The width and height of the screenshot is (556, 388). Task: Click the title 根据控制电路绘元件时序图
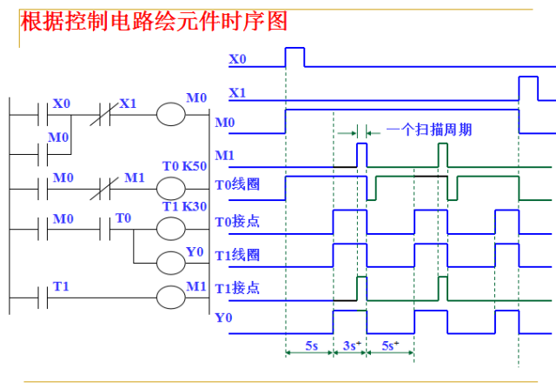pyautogui.click(x=154, y=21)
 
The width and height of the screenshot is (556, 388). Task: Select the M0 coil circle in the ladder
pyautogui.click(x=170, y=114)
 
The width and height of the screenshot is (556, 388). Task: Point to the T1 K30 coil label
pyautogui.click(x=183, y=206)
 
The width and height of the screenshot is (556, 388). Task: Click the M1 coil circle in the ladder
pyautogui.click(x=170, y=298)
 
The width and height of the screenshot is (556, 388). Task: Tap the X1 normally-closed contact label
pyautogui.click(x=128, y=104)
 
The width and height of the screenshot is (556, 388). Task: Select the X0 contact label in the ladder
pyautogui.click(x=61, y=104)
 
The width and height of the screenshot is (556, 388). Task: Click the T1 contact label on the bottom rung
pyautogui.click(x=61, y=285)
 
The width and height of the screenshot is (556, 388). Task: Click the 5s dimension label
pyautogui.click(x=309, y=345)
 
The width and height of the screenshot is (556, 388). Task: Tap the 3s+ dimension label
pyautogui.click(x=350, y=345)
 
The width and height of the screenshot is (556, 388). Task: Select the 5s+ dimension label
pyautogui.click(x=390, y=345)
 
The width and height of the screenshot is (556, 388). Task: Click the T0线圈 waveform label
pyautogui.click(x=237, y=185)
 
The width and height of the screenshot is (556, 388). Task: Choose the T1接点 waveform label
pyautogui.click(x=237, y=288)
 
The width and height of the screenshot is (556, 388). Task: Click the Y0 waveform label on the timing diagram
pyautogui.click(x=223, y=318)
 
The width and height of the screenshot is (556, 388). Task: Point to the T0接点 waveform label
pyautogui.click(x=237, y=222)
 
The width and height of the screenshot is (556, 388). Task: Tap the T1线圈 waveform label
pyautogui.click(x=237, y=256)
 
